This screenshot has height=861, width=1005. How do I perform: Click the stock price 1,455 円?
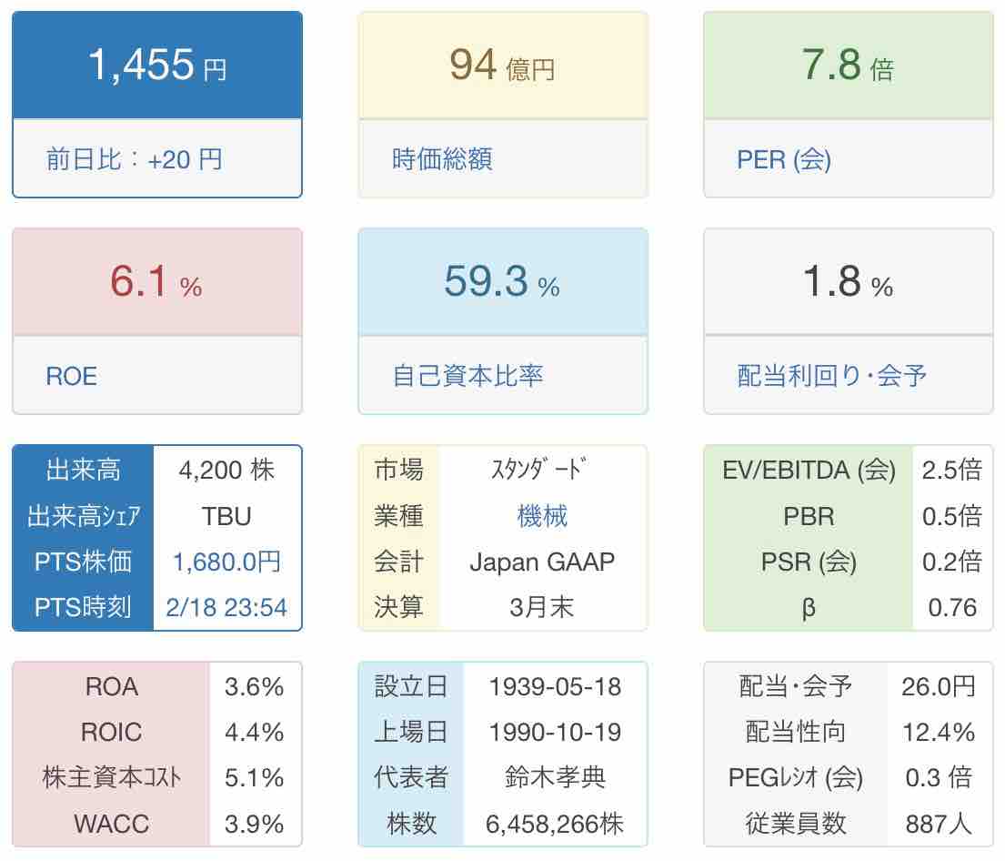(156, 66)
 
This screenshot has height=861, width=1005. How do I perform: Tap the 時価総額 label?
(442, 160)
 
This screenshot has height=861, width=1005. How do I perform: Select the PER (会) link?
(784, 160)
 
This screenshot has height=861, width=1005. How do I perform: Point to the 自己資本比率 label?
(467, 376)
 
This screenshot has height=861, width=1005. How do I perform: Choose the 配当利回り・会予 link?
(832, 376)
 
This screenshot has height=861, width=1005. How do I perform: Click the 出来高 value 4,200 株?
(226, 470)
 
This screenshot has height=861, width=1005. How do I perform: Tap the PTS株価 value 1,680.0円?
(226, 562)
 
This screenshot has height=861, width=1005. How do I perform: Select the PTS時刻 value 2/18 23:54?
(226, 607)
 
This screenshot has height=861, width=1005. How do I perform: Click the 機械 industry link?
(542, 516)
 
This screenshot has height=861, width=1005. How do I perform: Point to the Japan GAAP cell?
(542, 562)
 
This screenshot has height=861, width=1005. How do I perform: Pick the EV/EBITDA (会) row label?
(809, 470)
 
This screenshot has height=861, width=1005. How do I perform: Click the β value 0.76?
(952, 607)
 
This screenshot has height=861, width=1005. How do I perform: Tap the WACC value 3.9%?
(255, 824)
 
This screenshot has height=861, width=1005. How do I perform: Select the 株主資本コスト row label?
(111, 778)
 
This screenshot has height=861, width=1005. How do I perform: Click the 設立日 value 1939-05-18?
(555, 686)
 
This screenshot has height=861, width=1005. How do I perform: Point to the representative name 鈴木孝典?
(555, 778)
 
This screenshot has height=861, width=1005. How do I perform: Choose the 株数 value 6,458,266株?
(555, 824)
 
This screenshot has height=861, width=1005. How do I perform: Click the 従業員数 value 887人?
(939, 824)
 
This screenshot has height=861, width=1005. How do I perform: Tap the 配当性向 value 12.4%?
(939, 732)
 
